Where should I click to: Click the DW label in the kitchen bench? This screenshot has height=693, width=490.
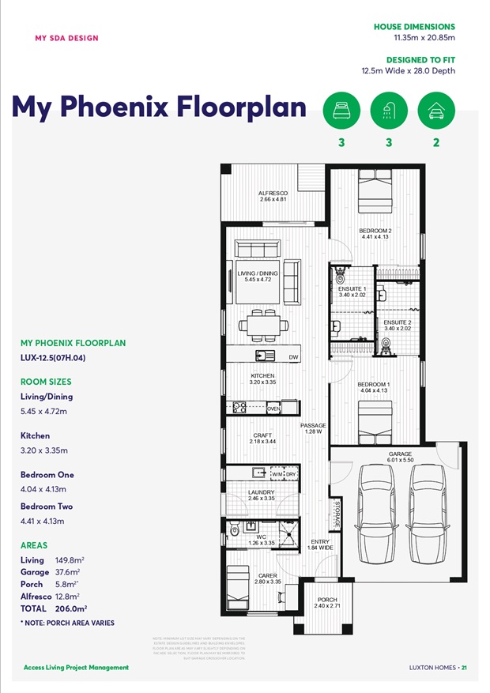point(293,358)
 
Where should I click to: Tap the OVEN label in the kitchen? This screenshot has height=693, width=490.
point(273,409)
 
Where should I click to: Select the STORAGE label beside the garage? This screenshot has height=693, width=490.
point(336,514)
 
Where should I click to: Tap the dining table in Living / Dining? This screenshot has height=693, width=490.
point(259,325)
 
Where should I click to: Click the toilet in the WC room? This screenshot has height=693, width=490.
point(235,530)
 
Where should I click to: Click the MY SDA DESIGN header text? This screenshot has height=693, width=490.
point(67,38)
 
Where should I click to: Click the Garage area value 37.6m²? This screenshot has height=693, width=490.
point(68,572)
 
